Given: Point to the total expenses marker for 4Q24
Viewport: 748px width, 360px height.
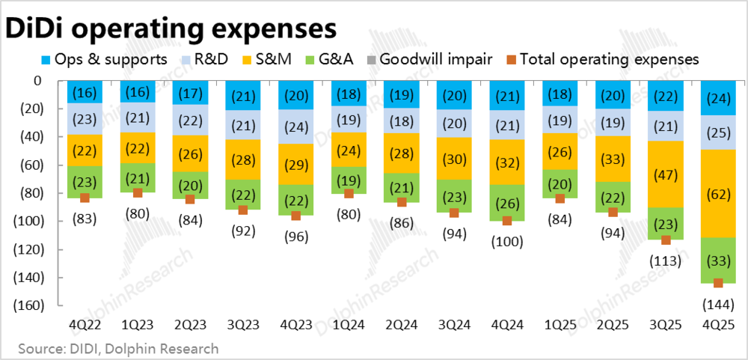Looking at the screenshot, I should coord(507,221).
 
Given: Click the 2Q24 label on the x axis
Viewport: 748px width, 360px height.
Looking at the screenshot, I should coord(402,325).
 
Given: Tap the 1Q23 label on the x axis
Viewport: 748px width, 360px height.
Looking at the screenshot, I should coord(137,325).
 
